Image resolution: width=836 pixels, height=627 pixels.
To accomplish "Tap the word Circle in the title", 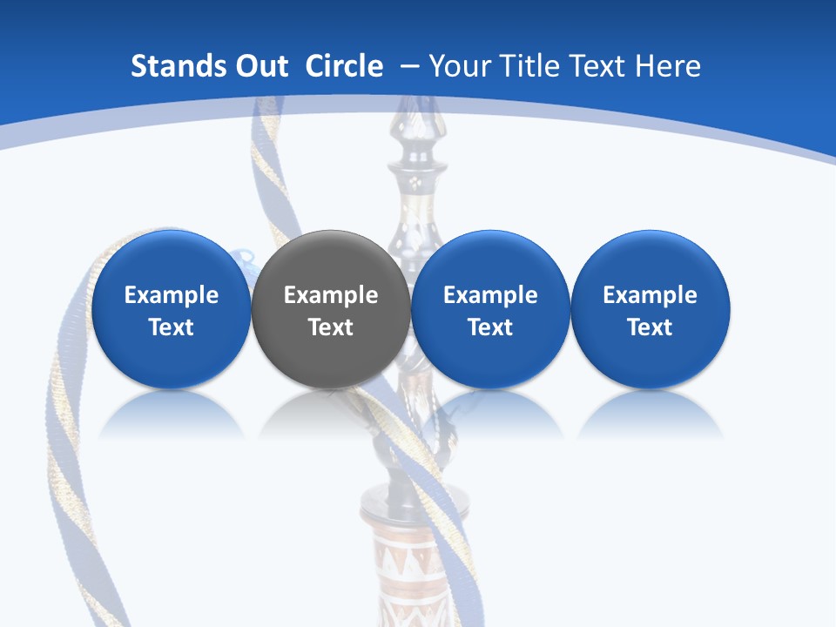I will [344, 66].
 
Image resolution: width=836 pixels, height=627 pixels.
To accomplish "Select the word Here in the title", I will [669, 66].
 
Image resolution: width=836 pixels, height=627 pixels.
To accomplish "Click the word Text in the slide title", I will [600, 66].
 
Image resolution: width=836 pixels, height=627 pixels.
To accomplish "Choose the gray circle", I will [331, 261].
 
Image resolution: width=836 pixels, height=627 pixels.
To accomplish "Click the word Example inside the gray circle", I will [331, 295].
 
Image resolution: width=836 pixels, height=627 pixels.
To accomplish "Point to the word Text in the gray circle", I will [331, 327].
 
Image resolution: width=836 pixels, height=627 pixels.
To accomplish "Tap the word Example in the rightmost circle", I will [651, 295].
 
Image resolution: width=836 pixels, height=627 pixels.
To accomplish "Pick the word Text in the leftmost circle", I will [172, 327].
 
